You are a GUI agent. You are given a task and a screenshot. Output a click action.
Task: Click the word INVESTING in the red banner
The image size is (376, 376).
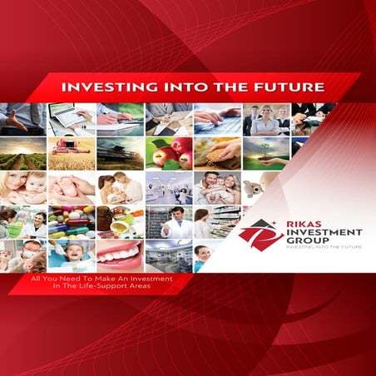(x=98, y=87)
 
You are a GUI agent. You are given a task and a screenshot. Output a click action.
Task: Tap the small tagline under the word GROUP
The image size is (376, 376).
(x=319, y=249)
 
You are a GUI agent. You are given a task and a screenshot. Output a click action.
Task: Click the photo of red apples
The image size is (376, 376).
(x=168, y=153)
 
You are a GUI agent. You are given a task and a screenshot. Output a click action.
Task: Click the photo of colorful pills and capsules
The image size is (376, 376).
(x=71, y=221)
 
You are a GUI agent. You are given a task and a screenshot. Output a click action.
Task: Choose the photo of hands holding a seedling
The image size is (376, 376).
(x=266, y=153)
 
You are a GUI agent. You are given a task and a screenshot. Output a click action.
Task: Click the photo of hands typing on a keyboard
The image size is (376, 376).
(x=217, y=119)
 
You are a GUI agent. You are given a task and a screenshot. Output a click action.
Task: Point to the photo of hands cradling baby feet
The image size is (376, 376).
(x=71, y=188)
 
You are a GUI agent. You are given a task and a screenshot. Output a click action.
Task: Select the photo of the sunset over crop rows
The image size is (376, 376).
(x=22, y=153)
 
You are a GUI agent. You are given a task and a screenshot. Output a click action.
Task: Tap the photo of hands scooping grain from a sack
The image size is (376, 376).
(x=217, y=153)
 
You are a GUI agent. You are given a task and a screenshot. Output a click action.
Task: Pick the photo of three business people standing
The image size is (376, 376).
(x=266, y=119)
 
